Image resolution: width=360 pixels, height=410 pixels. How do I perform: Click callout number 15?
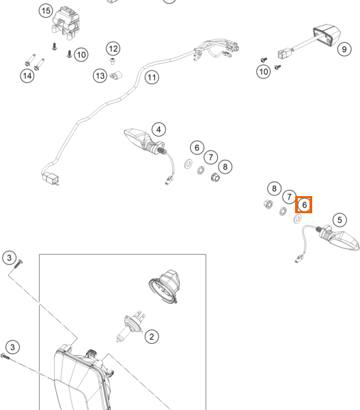click(x=46, y=11)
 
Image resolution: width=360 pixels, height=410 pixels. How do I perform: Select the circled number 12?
click(x=113, y=49)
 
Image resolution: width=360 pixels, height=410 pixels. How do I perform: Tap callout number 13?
click(x=100, y=76)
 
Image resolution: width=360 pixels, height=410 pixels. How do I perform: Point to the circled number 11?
click(x=152, y=77)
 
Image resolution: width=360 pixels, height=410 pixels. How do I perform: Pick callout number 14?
click(x=27, y=76)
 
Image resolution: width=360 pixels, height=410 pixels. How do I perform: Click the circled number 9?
click(x=344, y=49)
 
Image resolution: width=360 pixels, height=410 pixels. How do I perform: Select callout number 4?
click(x=158, y=129)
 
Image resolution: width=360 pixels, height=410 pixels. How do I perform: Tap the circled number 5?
click(x=340, y=220)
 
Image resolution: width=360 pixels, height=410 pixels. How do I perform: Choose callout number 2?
click(x=152, y=336)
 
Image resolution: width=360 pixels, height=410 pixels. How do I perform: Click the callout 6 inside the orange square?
click(x=304, y=205)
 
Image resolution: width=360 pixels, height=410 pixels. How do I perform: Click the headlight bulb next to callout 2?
click(x=130, y=326)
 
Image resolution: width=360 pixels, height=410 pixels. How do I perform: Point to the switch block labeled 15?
click(x=66, y=23)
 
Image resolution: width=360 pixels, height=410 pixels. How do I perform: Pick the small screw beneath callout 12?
click(x=113, y=62)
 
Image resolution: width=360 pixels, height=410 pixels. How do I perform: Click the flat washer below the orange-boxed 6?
click(x=298, y=219)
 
